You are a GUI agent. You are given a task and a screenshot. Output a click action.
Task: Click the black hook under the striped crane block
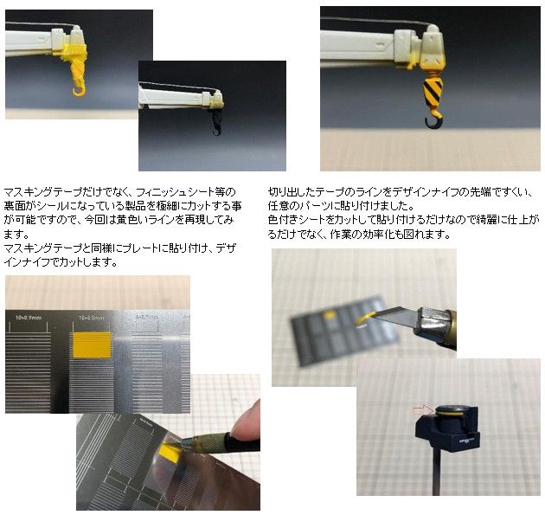pos(427,123)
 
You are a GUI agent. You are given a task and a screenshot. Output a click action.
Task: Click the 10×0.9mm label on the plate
pos(29,318)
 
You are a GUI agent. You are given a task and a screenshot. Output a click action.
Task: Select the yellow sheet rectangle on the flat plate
pos(92,344)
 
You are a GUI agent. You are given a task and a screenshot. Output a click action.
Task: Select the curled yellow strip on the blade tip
pos(364,318)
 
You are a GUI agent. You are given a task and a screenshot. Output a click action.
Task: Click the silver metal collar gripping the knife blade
pos(432,324)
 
